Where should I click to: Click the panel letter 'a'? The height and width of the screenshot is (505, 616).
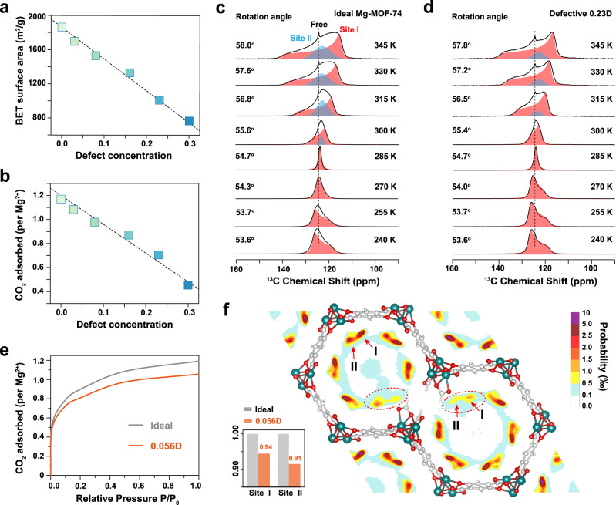point(7,7)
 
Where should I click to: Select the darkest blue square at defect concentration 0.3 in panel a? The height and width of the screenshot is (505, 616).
point(189,121)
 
